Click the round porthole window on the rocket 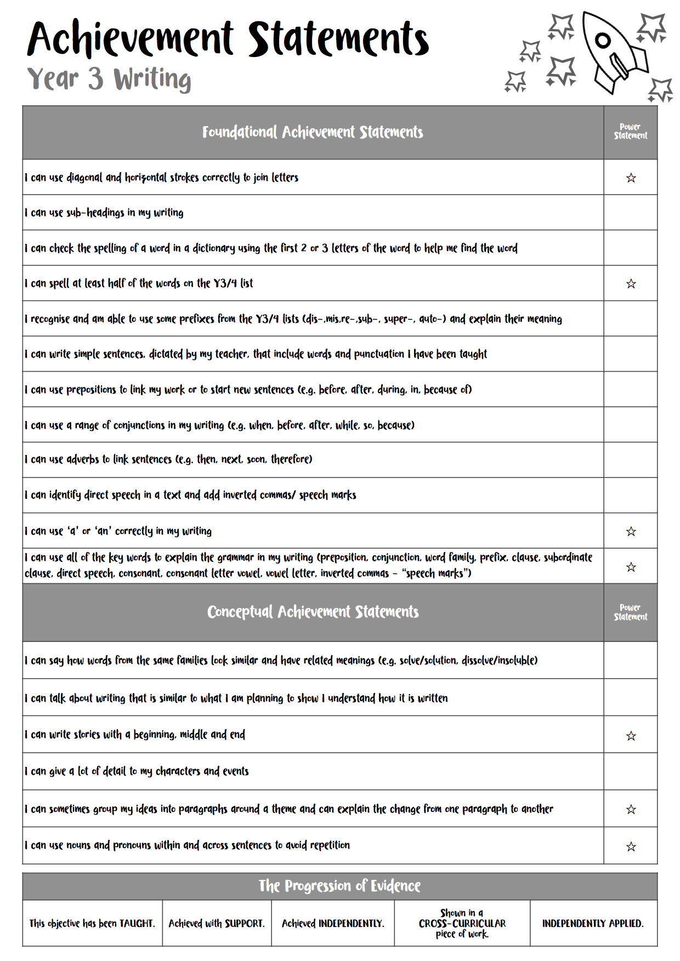603,40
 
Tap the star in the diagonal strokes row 631,178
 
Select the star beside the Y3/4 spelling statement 631,283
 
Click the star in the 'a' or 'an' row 631,531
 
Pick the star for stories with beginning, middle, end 631,736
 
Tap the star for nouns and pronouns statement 631,846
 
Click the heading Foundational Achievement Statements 313,132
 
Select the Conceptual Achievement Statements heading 313,612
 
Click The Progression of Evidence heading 339,886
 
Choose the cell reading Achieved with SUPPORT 217,923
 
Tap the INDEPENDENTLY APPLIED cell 593,923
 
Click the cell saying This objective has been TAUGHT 92,923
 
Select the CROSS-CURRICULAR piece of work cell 462,923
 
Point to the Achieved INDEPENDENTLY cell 333,923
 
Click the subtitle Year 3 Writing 109,79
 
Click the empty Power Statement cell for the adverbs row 631,459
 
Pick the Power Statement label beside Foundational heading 631,132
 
